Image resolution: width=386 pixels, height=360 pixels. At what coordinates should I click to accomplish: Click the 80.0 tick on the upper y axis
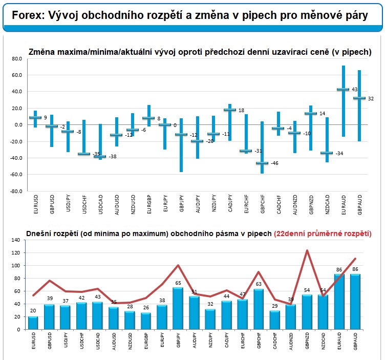tap(17, 59)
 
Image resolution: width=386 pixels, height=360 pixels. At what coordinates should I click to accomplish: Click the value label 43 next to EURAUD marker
tap(355, 90)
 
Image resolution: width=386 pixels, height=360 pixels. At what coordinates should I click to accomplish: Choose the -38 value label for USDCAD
tap(113, 157)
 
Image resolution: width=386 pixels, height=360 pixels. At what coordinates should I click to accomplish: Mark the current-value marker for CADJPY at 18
tap(230, 110)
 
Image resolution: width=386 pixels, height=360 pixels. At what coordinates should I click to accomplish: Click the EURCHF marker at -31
tap(246, 151)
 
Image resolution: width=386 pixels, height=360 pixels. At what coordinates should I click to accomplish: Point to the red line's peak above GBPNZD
tap(307, 250)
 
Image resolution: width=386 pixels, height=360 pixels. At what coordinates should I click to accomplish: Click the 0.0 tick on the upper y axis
tap(18, 124)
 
